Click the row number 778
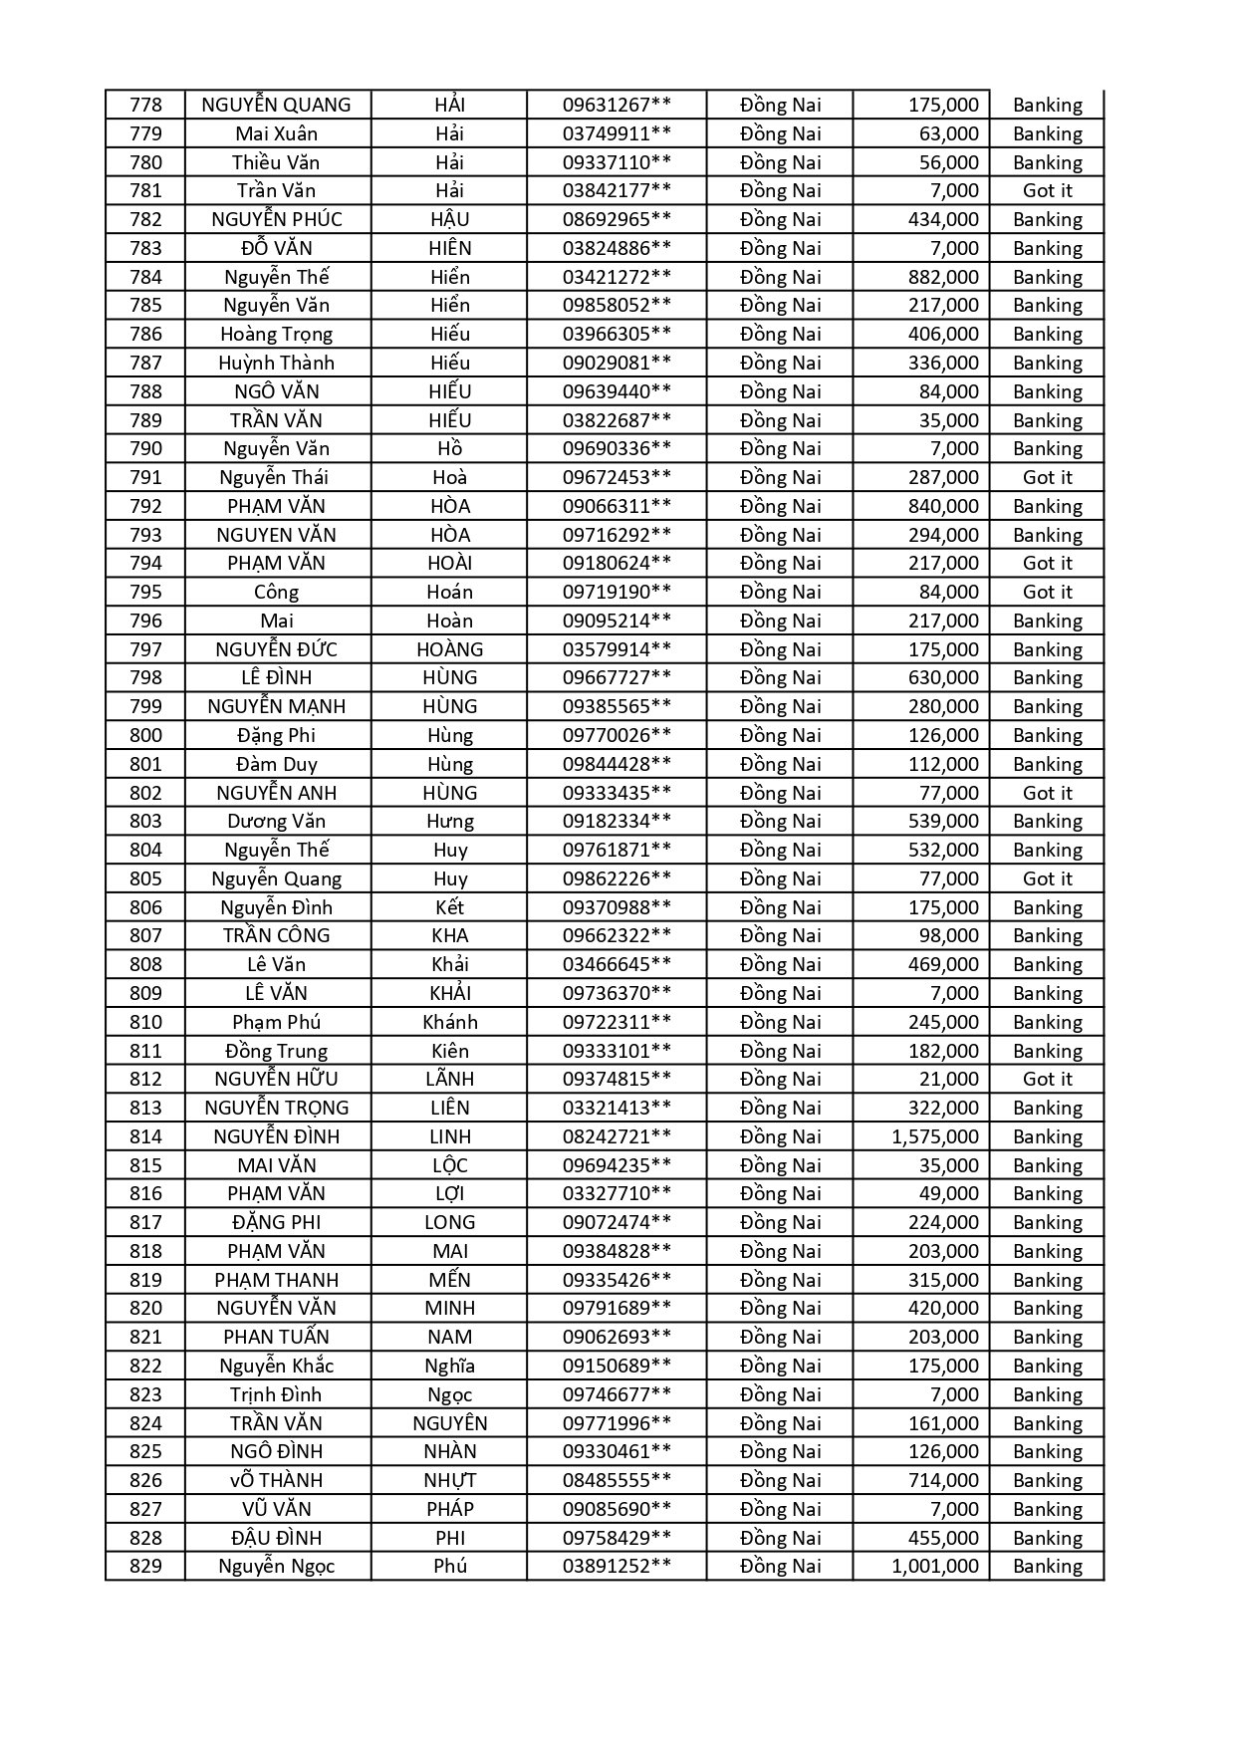pyautogui.click(x=145, y=105)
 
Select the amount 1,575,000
pyautogui.click(x=935, y=1136)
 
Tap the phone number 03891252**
pyautogui.click(x=617, y=1566)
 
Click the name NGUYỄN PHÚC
pyautogui.click(x=277, y=219)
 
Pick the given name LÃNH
pyautogui.click(x=450, y=1079)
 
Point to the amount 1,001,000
pyautogui.click(x=935, y=1566)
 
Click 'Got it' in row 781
pyautogui.click(x=1048, y=190)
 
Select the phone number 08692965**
pyautogui.click(x=617, y=219)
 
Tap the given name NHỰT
pyautogui.click(x=450, y=1480)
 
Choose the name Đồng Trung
pyautogui.click(x=277, y=1051)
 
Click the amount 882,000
pyautogui.click(x=943, y=277)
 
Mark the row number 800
pyautogui.click(x=145, y=735)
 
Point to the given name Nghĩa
pyautogui.click(x=450, y=1366)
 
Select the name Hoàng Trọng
pyautogui.click(x=277, y=334)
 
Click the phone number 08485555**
pyautogui.click(x=617, y=1480)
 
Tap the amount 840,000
pyautogui.click(x=943, y=506)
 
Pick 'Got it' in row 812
pyautogui.click(x=1048, y=1079)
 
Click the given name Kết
pyautogui.click(x=450, y=907)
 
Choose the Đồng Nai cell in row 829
pyautogui.click(x=781, y=1566)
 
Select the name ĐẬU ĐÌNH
pyautogui.click(x=277, y=1538)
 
